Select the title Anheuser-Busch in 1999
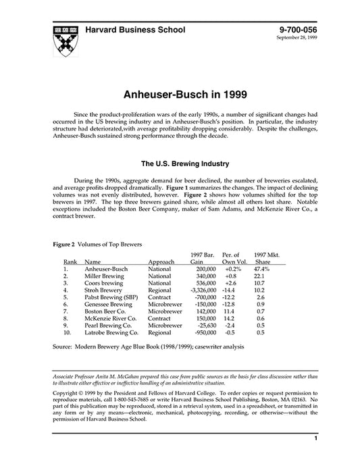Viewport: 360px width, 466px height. [x=180, y=96]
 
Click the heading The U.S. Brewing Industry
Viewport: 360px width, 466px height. [x=180, y=163]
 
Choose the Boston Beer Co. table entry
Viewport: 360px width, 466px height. [x=108, y=314]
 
